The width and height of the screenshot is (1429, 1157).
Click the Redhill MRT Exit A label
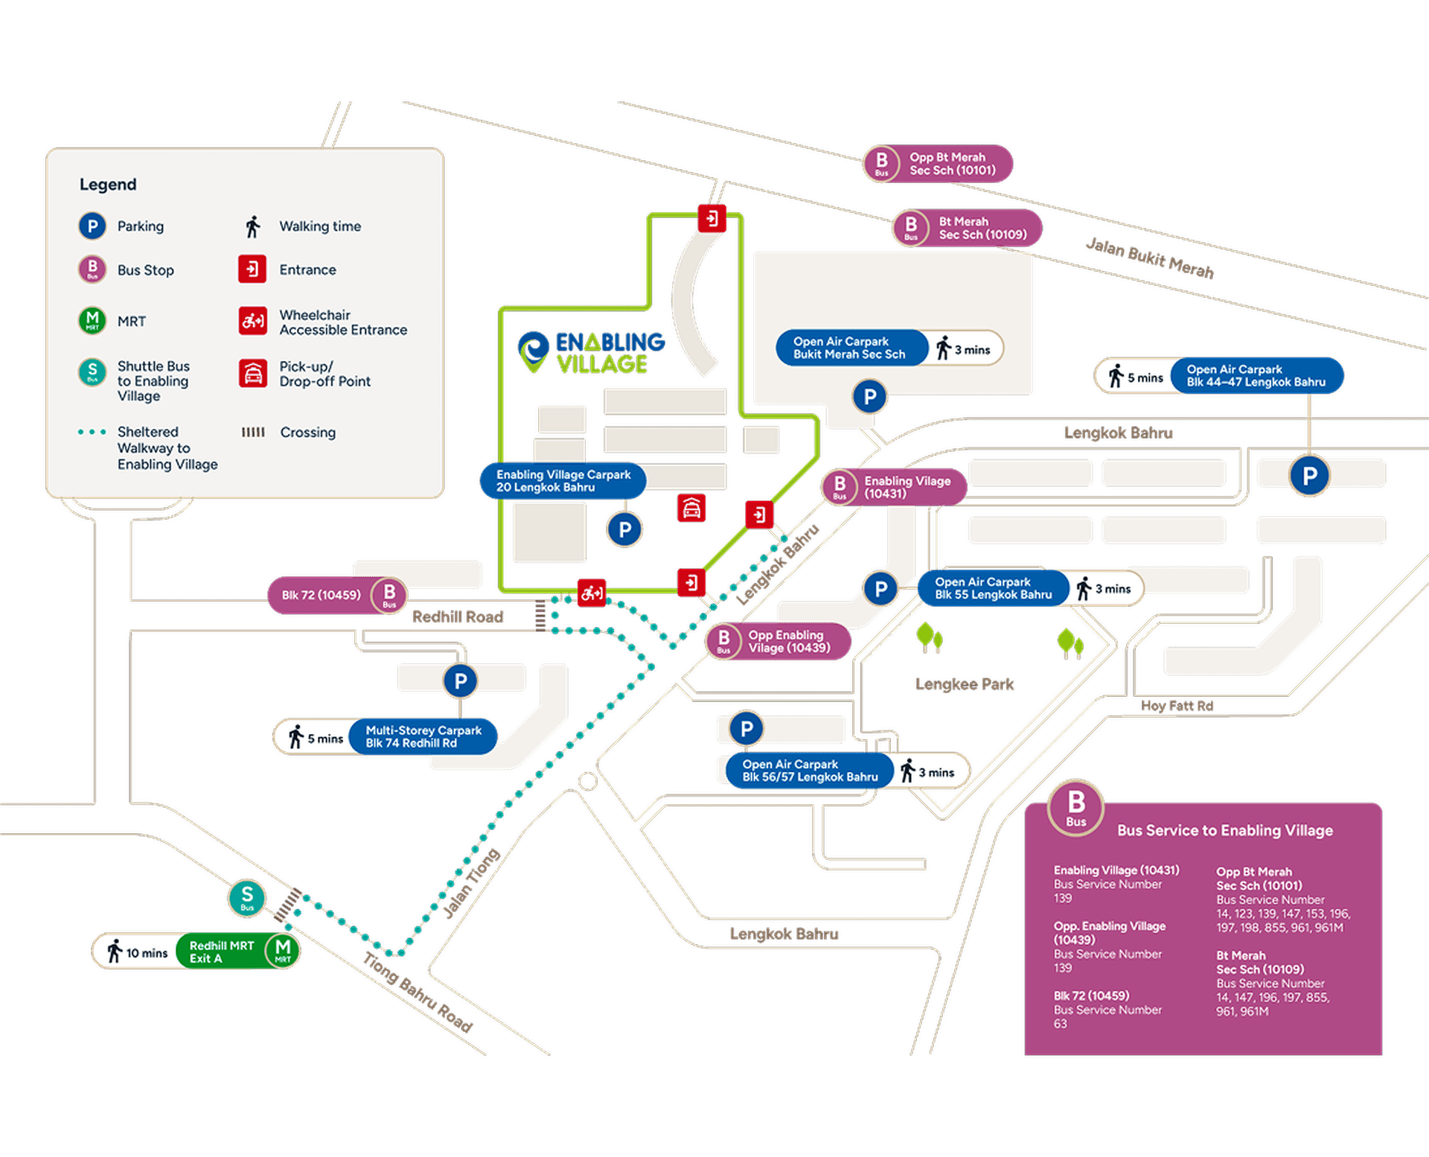coord(222,952)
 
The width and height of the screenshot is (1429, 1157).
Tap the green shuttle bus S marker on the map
coord(247,897)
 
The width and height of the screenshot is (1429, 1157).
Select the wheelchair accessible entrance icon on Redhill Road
coord(592,593)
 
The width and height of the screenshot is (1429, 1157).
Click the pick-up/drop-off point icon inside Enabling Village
coord(691,509)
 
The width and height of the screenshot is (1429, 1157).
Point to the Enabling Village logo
coord(592,353)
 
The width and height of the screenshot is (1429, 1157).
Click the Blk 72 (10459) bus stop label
coord(321,595)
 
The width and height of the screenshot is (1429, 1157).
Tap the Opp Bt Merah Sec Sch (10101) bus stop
coord(938,164)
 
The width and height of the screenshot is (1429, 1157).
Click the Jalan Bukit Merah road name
coord(1150,258)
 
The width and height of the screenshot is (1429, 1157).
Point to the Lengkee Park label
coord(965,684)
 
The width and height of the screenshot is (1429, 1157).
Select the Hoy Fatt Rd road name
coord(1177,706)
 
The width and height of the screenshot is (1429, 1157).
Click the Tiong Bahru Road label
coord(418,992)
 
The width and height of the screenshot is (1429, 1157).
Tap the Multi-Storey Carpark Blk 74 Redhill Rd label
coord(423,737)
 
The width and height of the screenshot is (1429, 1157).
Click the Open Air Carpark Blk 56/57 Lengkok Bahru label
coord(810,771)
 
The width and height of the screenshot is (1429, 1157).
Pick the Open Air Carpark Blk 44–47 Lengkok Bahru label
coord(1256,376)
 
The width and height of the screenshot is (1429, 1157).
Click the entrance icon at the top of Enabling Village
coord(712,218)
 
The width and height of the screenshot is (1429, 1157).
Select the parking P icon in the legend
coord(92,226)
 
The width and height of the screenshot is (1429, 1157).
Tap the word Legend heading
coord(108,185)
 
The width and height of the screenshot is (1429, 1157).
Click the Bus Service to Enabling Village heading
coord(1224,830)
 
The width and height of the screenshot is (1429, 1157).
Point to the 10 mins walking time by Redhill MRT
coord(147,953)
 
